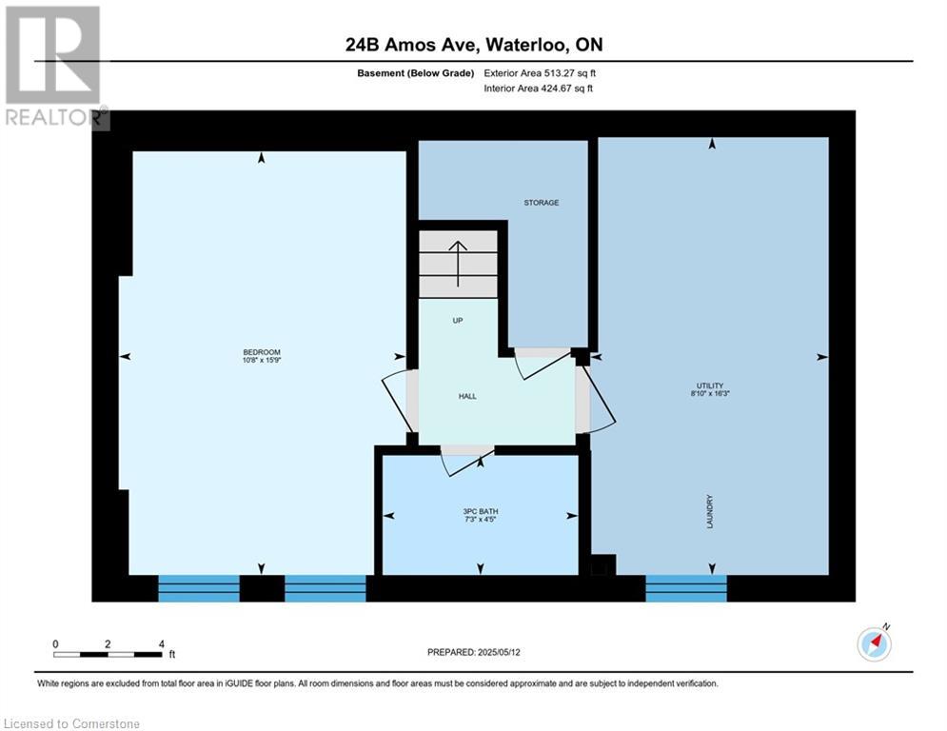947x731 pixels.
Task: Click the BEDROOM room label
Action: (x=262, y=352)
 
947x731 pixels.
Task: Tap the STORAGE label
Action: (x=542, y=203)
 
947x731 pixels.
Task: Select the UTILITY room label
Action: (x=710, y=385)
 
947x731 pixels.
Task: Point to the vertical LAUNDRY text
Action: (x=710, y=512)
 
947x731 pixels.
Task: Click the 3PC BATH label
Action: (x=480, y=512)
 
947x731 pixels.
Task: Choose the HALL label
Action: (x=467, y=396)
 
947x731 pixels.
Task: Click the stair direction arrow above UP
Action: (x=458, y=264)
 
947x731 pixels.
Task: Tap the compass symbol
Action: (x=874, y=644)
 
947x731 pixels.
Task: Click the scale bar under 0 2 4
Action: (x=108, y=654)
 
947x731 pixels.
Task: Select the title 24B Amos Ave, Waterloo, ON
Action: (x=474, y=45)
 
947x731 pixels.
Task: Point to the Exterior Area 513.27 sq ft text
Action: (x=540, y=73)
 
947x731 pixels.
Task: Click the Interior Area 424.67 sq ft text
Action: (x=538, y=89)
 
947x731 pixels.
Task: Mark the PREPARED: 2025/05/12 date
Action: (x=474, y=652)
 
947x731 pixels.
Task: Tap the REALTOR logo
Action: (x=54, y=67)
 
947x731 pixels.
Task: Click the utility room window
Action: (x=686, y=588)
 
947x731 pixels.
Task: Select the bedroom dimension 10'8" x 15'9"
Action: (x=262, y=360)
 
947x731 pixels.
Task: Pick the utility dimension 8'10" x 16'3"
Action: (x=710, y=393)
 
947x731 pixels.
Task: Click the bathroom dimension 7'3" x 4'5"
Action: (x=480, y=519)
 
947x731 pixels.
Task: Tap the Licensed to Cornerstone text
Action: (x=71, y=723)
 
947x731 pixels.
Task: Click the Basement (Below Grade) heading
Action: (x=416, y=73)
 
